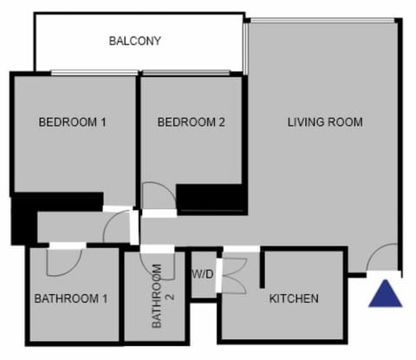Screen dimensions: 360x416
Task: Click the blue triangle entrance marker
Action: (385, 293)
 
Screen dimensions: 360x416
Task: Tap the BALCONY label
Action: (135, 41)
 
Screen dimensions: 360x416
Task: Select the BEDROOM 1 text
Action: (72, 122)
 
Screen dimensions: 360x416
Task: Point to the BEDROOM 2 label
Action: (191, 122)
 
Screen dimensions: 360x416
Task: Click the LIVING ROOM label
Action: (325, 121)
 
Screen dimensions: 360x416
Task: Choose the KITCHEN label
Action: (294, 298)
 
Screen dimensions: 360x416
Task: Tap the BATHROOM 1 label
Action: (71, 298)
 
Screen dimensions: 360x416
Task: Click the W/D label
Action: (202, 275)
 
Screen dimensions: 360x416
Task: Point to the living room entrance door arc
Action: (382, 259)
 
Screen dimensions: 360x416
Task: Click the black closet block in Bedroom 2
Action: (209, 199)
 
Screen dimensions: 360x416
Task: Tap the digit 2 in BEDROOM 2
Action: (222, 122)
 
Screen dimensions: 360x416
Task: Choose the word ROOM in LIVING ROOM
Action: (344, 121)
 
